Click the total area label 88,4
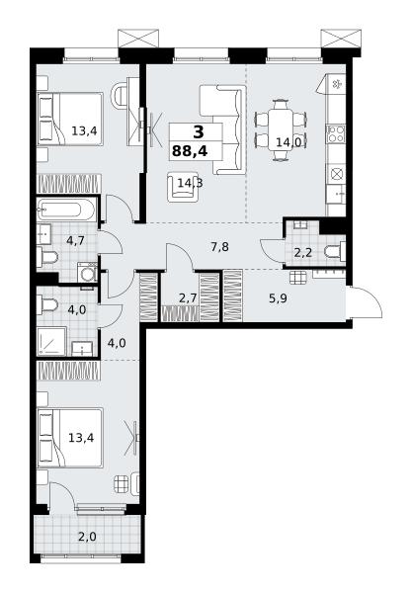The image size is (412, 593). point(190,151)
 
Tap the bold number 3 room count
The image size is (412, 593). point(199,132)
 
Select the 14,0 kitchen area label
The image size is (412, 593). point(288,142)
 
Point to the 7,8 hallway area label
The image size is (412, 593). point(219,247)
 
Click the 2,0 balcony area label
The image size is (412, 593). point(87,537)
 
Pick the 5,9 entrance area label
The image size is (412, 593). point(279,298)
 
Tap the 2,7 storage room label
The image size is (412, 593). point(188,298)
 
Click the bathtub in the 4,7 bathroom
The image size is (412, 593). point(66,210)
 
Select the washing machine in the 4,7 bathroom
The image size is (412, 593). point(87,272)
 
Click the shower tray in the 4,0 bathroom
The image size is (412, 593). point(51,341)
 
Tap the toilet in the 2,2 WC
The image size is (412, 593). point(335,251)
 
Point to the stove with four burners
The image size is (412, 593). point(336,133)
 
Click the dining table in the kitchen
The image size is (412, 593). point(280,130)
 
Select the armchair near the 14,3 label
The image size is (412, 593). point(184,187)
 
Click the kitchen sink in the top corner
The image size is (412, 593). point(337,84)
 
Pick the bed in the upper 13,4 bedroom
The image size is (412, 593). point(70,119)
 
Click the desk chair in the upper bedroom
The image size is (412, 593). point(119,95)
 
